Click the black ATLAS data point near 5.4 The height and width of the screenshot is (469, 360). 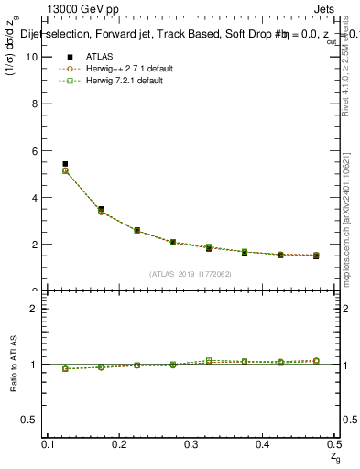65,164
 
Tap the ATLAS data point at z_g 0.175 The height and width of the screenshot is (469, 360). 101,209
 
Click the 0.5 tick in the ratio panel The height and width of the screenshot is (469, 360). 34,420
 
